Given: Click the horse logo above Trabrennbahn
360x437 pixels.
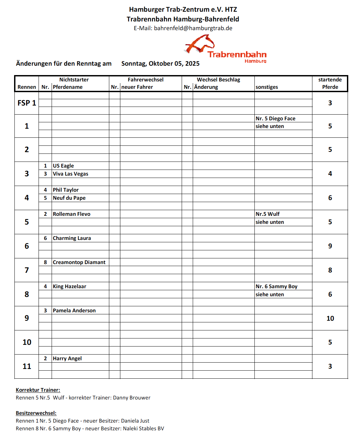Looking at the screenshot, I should pos(200,44).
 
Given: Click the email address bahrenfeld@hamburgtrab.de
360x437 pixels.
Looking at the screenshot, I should pos(193,28).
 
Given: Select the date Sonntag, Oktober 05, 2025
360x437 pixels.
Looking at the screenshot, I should pos(160,64).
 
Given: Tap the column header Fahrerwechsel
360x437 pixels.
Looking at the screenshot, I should pos(145,80).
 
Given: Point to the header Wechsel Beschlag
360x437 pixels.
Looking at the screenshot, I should pos(218,80).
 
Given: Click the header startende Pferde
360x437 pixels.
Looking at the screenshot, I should pos(330,83).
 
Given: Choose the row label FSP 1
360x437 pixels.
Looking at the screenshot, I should pos(27,103).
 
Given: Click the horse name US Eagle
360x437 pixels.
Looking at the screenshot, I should pos(63,166).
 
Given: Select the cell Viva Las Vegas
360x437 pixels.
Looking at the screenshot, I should pos(70,174).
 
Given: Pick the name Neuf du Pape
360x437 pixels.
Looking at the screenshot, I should pos(69,198).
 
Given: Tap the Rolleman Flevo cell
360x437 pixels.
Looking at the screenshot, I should pos(71,214).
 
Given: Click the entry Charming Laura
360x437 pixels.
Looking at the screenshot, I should pos(72,238).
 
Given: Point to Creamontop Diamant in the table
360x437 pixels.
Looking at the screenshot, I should pos(79,262).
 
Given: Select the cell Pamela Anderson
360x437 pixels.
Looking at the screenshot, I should pos(74,311).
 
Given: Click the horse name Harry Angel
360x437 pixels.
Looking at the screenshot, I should pos(67,359).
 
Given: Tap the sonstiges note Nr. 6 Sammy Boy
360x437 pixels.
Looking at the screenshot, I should pos(277,287).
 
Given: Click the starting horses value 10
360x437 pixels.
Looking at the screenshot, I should pos(330,318).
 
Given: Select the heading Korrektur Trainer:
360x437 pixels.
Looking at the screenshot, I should pos(38,390).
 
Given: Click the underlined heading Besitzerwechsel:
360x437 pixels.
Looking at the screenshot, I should pos(36,413).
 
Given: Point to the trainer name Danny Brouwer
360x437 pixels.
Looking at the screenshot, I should pos(132,398).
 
